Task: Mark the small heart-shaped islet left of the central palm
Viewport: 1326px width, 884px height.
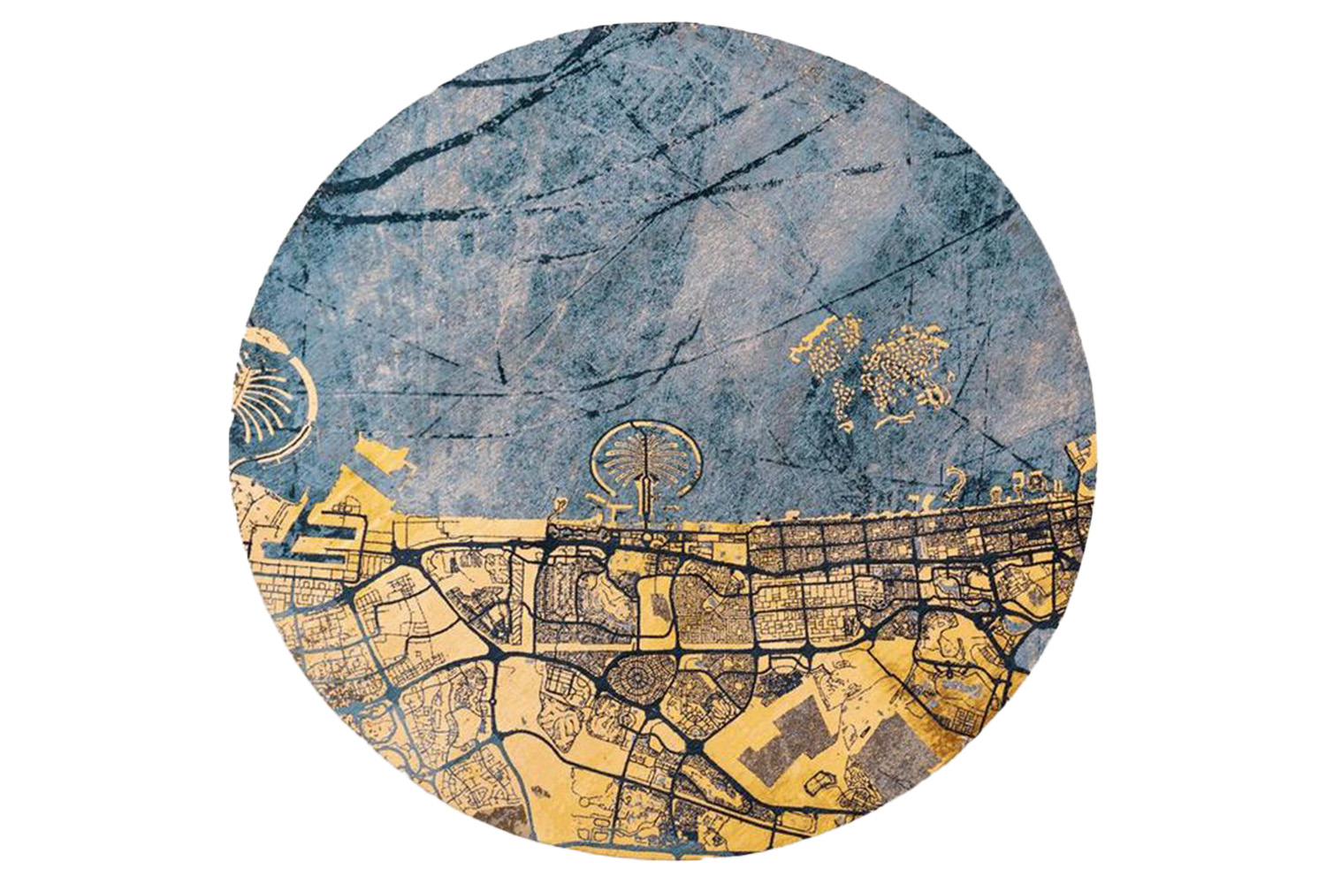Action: [x=560, y=506]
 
